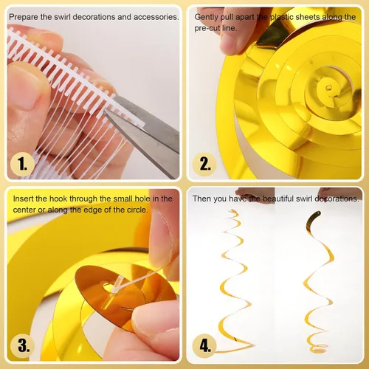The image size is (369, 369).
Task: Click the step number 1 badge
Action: (x=22, y=164)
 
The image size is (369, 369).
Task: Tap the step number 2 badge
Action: (x=204, y=164)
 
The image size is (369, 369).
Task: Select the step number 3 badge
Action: (x=22, y=345)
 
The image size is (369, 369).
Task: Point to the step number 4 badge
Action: (x=204, y=345)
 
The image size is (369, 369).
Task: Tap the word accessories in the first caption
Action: (x=156, y=17)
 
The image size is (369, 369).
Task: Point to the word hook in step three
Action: (x=58, y=199)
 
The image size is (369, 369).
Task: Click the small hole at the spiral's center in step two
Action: (x=329, y=87)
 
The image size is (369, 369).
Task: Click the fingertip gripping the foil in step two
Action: (x=231, y=42)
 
